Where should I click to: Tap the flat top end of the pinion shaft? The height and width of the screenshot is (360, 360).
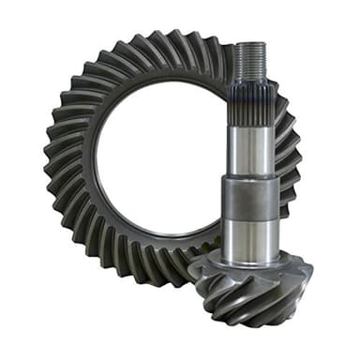click(251, 44)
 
